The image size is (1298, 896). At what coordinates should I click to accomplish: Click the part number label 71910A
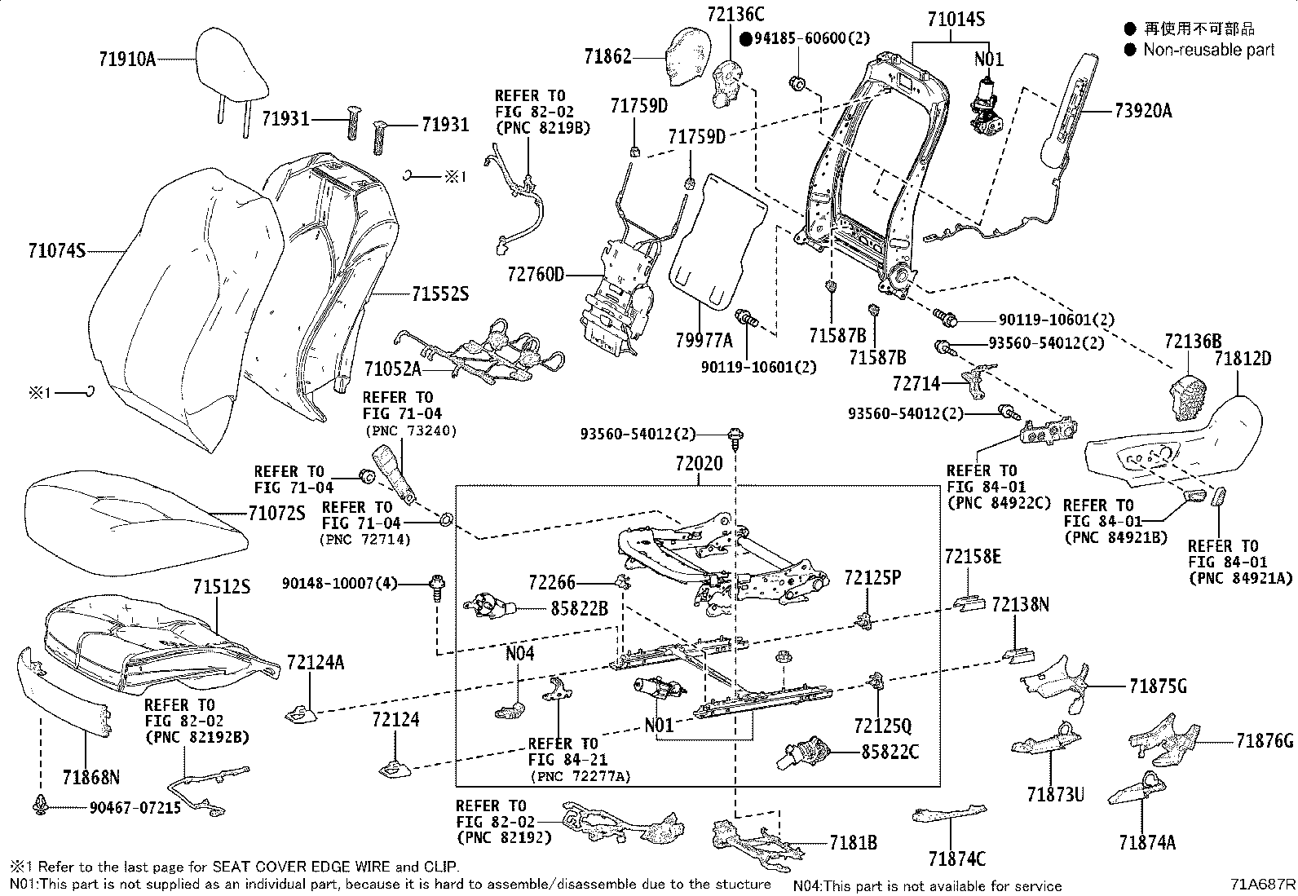[126, 59]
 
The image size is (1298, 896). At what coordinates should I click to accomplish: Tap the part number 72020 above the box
[699, 464]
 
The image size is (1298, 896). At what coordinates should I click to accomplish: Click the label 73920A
[1142, 112]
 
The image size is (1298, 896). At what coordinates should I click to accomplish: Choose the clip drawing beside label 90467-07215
[39, 806]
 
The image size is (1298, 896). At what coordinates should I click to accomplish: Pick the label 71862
[607, 56]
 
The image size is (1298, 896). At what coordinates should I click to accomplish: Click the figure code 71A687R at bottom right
[1263, 885]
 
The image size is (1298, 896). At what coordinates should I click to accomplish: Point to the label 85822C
[890, 752]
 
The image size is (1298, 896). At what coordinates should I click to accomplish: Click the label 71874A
[1147, 843]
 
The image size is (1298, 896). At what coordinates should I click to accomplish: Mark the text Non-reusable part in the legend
[1208, 50]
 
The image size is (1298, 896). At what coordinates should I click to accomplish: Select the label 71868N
[91, 776]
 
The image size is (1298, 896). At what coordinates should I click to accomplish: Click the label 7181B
[854, 843]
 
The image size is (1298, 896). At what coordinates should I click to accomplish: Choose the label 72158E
[973, 557]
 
